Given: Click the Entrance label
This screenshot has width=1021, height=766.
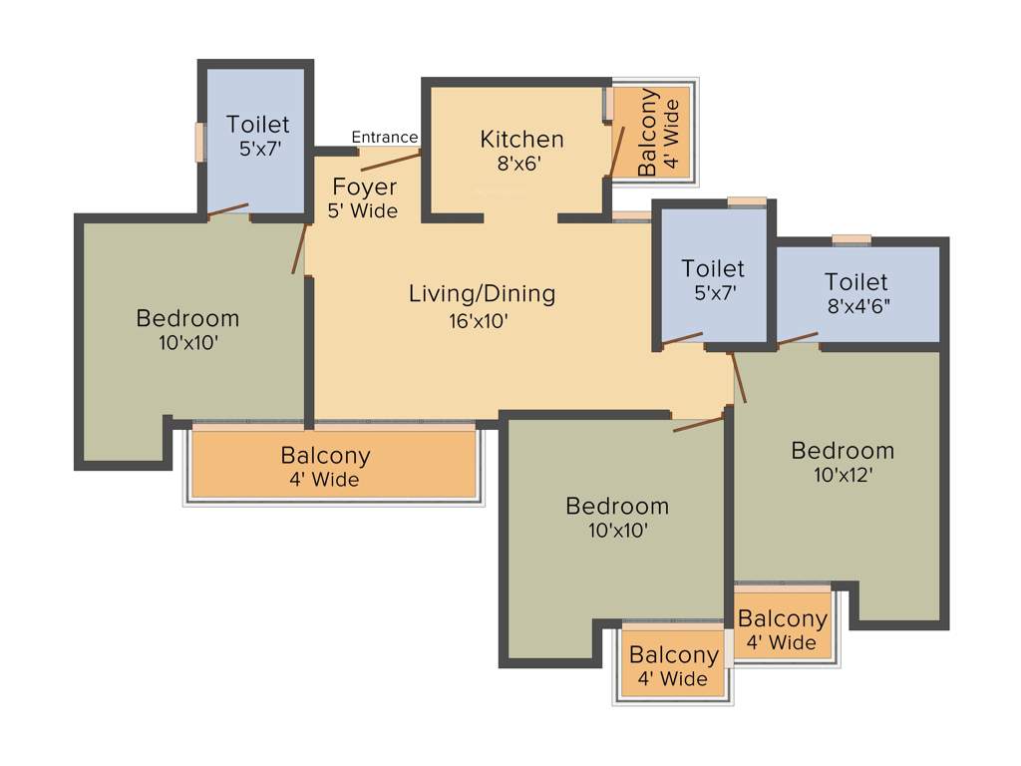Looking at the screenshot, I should (384, 138).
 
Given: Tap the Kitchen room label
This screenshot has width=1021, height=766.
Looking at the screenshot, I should (521, 139).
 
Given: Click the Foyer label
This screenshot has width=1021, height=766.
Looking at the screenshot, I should (364, 188).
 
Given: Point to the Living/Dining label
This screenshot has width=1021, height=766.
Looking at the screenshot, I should (482, 294).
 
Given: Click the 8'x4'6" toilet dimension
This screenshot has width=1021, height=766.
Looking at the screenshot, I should (856, 307).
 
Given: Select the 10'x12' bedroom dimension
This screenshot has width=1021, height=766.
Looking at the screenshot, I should (843, 476).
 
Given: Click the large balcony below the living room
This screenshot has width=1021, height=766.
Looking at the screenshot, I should (332, 465).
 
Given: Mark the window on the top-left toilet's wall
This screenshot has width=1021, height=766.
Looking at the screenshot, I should (199, 141).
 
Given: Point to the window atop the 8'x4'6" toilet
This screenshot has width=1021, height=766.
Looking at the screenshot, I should (851, 238).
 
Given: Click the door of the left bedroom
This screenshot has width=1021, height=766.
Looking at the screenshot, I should (299, 246).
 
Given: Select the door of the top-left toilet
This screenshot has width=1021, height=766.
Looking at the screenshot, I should (227, 209).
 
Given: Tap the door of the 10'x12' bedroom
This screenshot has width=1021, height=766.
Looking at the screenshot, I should (738, 378).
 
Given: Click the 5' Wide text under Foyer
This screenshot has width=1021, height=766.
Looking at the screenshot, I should (362, 211).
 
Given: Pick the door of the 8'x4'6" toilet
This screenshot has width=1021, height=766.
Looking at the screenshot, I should (798, 339).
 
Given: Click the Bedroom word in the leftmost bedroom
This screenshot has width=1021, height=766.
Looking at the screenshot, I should (187, 319).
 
